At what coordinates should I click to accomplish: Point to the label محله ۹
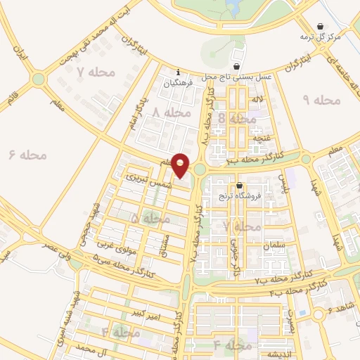point(321,100)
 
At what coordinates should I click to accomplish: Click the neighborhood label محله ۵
point(150,219)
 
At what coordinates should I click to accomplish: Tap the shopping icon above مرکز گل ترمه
point(321,26)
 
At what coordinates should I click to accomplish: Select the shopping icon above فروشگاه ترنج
point(240,186)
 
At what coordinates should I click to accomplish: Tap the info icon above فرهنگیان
point(179,72)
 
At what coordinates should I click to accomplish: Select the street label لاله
point(259,103)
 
